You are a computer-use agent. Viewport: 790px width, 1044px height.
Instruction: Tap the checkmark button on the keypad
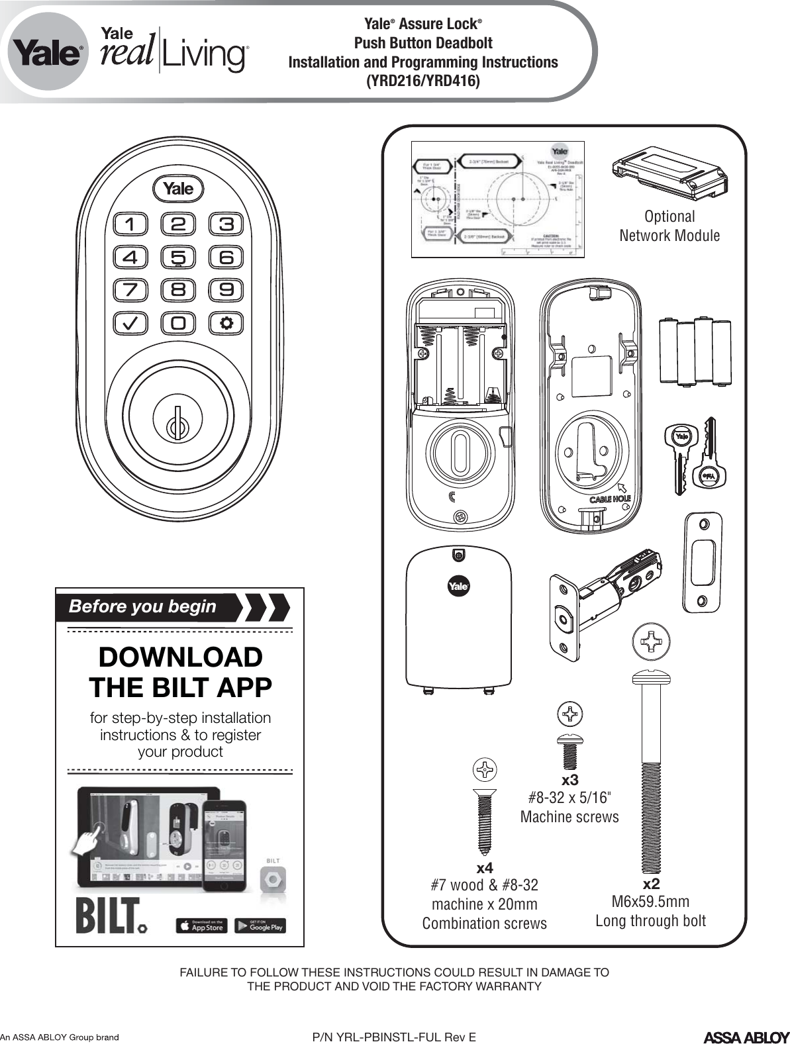tap(130, 323)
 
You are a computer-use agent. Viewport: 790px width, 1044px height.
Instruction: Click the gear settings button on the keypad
tap(227, 323)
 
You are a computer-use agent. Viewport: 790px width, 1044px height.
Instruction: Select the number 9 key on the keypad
tap(227, 290)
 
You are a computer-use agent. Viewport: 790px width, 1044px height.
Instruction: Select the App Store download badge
tap(201, 926)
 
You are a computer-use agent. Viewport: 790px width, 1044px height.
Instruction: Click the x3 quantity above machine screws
tap(570, 781)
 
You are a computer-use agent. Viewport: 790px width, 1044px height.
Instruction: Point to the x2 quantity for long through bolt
tap(652, 884)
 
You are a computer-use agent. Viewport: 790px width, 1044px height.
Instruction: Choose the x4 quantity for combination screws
tap(485, 867)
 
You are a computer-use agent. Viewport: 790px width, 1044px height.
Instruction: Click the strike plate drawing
tap(703, 559)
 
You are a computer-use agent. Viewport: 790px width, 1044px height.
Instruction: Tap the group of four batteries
tap(695, 352)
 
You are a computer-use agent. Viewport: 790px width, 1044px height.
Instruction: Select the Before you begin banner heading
tap(143, 606)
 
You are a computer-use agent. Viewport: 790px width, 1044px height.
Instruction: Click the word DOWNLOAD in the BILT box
tap(180, 657)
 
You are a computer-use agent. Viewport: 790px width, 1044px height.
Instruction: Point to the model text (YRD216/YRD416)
tap(423, 81)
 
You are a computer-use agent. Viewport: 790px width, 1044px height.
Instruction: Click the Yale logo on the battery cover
tap(459, 587)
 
